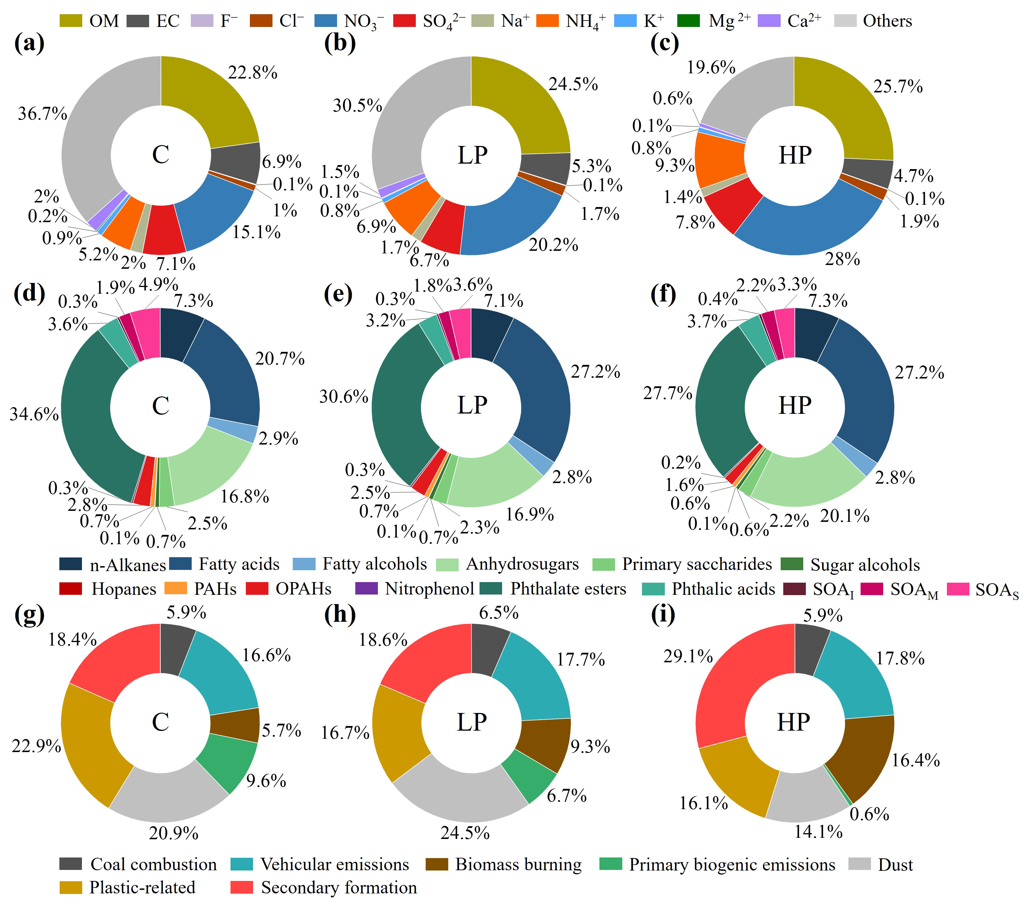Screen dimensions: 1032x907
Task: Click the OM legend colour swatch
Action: pyautogui.click(x=71, y=21)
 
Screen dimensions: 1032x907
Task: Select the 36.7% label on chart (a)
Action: pyautogui.click(x=42, y=114)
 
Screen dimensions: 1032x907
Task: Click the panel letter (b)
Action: pyautogui.click(x=340, y=43)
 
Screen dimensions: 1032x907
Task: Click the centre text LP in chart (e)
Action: pyautogui.click(x=472, y=405)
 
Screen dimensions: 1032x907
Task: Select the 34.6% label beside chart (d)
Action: pyautogui.click(x=34, y=414)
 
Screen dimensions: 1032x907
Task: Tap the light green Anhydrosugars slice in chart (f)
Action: pyautogui.click(x=805, y=480)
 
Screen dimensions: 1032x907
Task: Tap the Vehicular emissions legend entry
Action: pyautogui.click(x=320, y=865)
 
